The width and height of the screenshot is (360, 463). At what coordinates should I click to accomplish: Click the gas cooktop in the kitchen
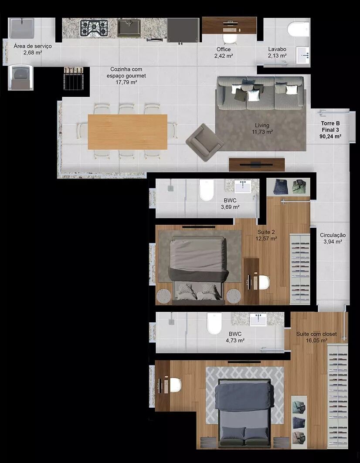pos(94,28)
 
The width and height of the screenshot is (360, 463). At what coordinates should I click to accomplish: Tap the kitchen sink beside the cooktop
pos(129,28)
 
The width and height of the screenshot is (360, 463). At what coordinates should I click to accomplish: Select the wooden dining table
pos(128,132)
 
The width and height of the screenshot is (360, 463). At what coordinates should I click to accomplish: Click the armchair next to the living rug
pos(204,142)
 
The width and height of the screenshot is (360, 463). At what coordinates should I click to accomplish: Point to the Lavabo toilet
pos(298,29)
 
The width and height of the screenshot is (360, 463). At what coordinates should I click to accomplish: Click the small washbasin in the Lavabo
pos(302,55)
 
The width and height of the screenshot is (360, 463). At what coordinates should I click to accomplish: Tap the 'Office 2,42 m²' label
pos(224,53)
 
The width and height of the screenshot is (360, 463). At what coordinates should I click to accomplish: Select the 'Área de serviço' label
pos(33,46)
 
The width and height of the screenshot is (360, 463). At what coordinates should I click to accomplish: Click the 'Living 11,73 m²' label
pos(262,128)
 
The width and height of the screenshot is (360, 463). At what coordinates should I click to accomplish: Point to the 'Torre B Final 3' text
pos(330,127)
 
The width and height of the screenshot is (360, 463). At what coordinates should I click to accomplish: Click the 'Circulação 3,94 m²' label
pos(333,238)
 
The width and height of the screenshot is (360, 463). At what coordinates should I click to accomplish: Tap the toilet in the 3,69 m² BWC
pos(206,189)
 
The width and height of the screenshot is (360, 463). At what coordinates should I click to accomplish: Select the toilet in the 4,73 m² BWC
pos(214,323)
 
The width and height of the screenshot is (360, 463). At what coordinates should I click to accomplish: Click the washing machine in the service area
pos(20,77)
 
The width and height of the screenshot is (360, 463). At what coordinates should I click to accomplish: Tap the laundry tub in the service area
pos(20,28)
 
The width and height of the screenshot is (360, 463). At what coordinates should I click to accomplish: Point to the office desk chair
pos(229,38)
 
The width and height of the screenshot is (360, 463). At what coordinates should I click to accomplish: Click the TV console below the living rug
pos(257,165)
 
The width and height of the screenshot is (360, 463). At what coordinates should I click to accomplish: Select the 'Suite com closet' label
pos(316,334)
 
